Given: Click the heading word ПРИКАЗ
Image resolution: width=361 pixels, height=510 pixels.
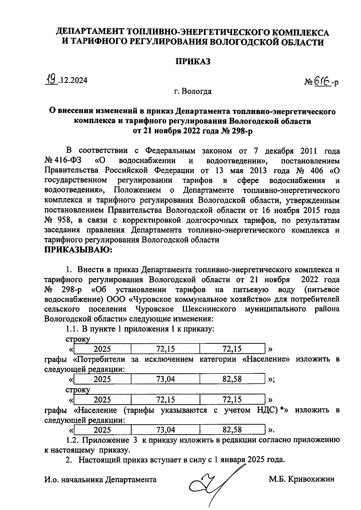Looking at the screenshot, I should [193, 61].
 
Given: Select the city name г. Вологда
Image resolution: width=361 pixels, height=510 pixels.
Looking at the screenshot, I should [193, 91].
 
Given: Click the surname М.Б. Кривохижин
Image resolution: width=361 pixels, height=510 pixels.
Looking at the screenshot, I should [301, 479].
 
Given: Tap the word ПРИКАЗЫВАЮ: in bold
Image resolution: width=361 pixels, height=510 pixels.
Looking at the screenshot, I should [78, 250].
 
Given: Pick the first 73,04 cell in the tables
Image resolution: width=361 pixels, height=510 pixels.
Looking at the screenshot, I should [165, 379].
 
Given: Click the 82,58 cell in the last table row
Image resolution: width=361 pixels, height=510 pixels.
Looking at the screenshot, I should [232, 430].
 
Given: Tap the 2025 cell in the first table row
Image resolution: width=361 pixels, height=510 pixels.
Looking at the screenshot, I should [102, 349].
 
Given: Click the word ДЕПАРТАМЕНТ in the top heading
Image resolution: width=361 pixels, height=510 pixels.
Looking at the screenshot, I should [91, 32].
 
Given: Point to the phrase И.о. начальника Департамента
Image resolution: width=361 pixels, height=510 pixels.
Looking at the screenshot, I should [100, 480].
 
